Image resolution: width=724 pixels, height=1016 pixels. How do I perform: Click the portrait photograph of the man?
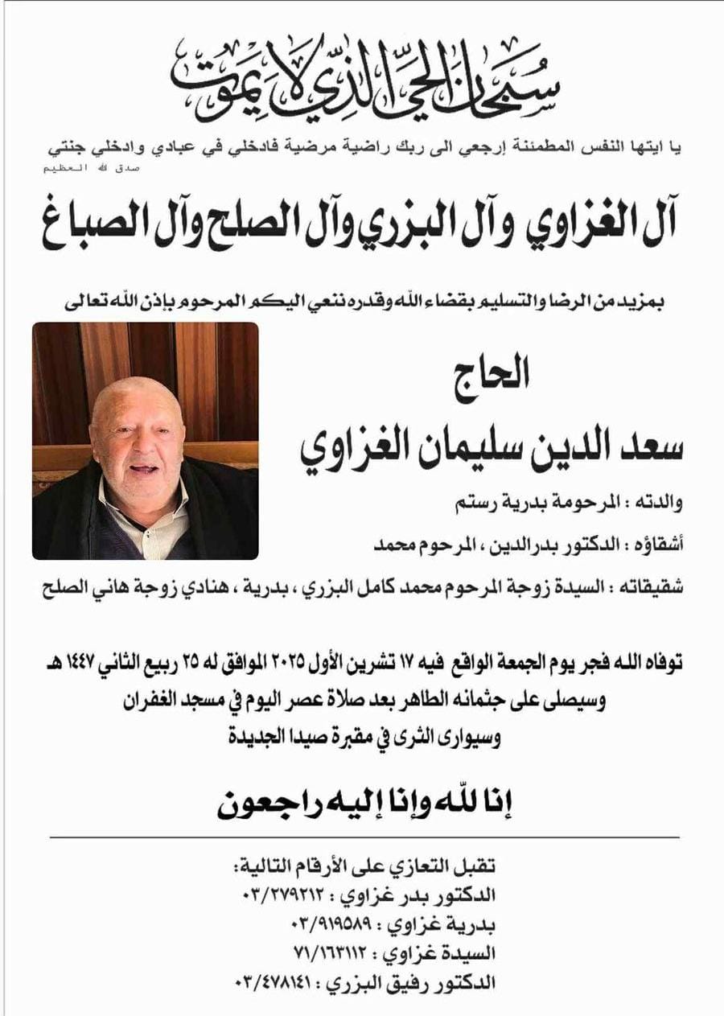point(146,441)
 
